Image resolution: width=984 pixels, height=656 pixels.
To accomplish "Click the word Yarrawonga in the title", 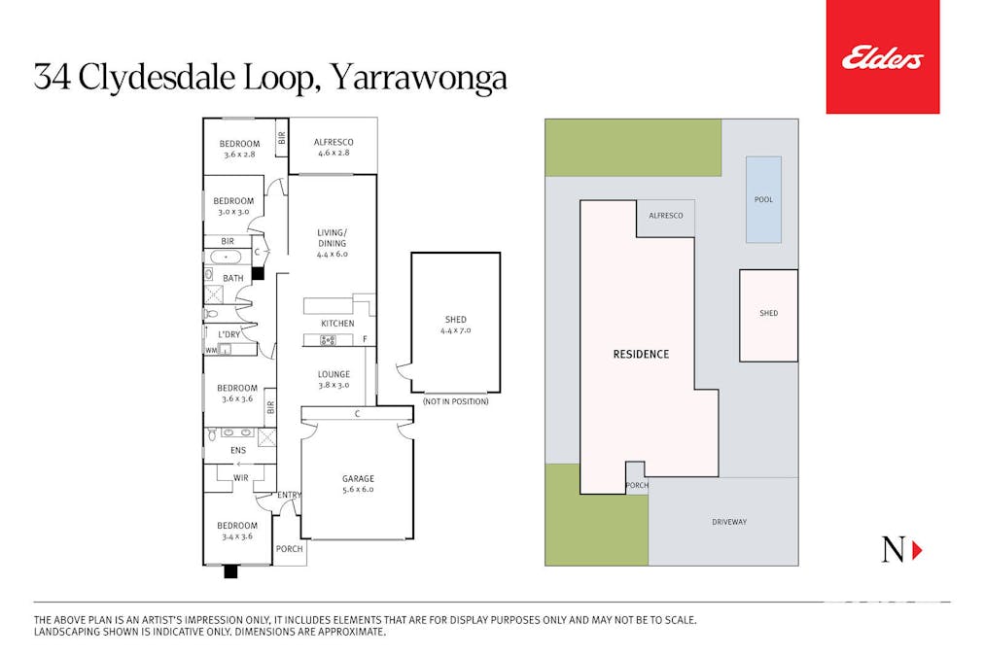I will pos(419,77).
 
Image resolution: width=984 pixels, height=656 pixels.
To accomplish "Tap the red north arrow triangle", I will pos(917,550).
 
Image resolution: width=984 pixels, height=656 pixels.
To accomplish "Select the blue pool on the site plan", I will pos(764,199).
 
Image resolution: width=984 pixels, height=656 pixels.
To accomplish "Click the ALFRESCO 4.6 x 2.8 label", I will pos(333,148).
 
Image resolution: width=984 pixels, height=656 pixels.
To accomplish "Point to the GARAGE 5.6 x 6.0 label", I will pos(358,484).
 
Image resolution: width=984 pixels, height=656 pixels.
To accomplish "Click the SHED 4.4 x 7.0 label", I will pos(455,325).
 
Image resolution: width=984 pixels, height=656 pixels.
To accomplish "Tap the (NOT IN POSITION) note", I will pos(455,401).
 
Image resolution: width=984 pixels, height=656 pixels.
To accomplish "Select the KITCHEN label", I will pos(337,324).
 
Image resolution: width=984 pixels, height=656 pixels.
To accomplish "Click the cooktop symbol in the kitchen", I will pos(328,340).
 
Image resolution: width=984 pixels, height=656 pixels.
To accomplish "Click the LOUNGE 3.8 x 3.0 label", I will pos(334,379).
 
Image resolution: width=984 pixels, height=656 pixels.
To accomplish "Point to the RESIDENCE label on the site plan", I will pos(641,354).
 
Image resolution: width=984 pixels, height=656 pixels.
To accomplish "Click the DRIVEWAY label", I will pos(729,522).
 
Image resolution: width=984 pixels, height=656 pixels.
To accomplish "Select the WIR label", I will pos(241,477).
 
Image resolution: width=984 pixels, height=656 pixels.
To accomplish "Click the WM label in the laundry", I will pos(211,350).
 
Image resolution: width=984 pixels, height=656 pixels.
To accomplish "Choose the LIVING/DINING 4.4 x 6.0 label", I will pos(332,243).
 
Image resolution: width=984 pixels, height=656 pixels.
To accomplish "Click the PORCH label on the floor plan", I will pos(289,549).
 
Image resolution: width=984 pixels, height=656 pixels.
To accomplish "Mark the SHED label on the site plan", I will pos(768,313).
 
